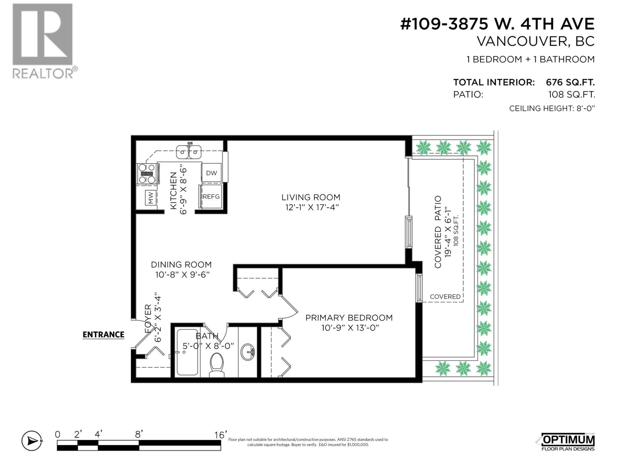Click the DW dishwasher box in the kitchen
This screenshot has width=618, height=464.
tap(211, 173)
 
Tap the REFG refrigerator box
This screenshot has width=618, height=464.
tap(211, 196)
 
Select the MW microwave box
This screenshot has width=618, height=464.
tap(151, 198)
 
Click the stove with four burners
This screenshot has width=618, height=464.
tap(148, 174)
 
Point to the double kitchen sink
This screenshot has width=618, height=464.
tap(189, 152)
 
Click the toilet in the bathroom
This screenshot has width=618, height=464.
tap(217, 365)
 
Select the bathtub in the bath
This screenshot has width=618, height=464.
tap(188, 352)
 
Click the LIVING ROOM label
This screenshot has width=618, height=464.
tap(311, 197)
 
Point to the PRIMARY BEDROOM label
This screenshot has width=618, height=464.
tap(349, 317)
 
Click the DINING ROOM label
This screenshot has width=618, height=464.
tap(181, 264)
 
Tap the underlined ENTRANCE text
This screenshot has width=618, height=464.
tap(104, 335)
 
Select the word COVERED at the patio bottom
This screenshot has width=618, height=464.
tap(445, 297)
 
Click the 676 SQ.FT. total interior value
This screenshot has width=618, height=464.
tap(570, 82)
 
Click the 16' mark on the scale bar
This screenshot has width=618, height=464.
tap(220, 435)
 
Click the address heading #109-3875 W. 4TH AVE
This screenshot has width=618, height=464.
tap(497, 24)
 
